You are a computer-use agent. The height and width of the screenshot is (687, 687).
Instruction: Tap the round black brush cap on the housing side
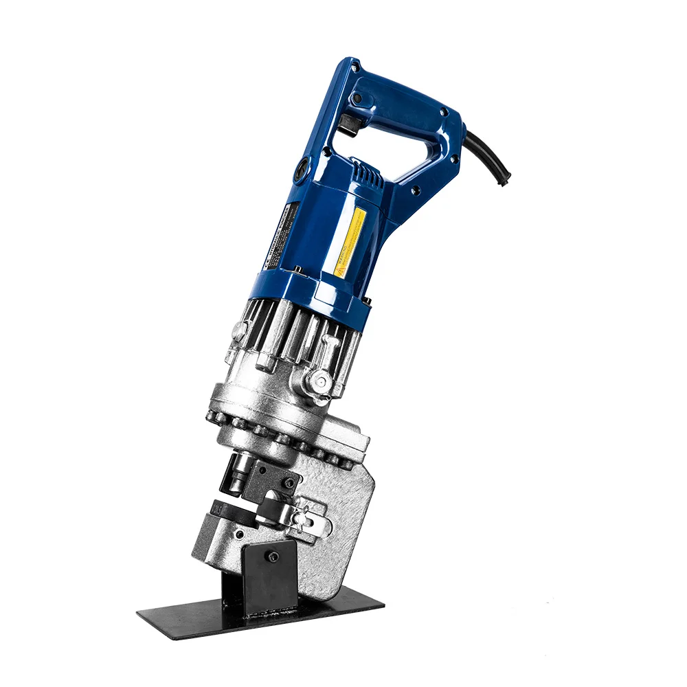pos(302,170)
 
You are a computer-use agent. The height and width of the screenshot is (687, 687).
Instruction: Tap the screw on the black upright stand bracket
pos(273,556)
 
